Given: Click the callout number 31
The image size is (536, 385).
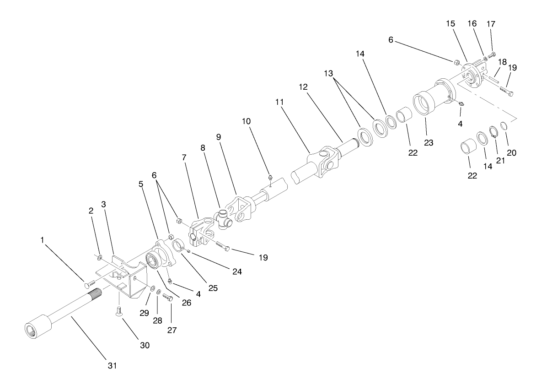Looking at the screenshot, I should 113,365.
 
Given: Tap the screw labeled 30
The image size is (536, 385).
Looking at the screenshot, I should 118,313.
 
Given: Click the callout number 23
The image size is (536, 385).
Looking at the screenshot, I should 429,142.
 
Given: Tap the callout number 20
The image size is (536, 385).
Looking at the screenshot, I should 511,153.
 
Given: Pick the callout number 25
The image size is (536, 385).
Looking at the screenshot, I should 213,288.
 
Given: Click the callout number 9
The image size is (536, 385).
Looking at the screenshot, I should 218,137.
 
